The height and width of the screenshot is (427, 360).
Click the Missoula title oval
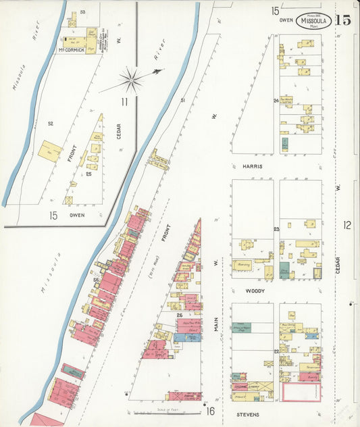(x=313, y=20)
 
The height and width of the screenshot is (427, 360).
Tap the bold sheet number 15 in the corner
(x=343, y=19)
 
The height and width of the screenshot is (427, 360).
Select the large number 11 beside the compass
(x=125, y=102)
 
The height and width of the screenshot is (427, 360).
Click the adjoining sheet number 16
(x=210, y=411)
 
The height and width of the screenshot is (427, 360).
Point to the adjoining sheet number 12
(x=347, y=225)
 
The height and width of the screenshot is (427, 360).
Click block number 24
(x=276, y=101)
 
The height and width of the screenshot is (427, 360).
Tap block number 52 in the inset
(x=50, y=124)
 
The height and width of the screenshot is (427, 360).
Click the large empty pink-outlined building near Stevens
(x=301, y=393)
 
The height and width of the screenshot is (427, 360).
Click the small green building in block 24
(x=285, y=144)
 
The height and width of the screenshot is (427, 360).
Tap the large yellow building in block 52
(x=49, y=151)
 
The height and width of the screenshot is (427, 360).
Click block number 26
(x=180, y=315)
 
